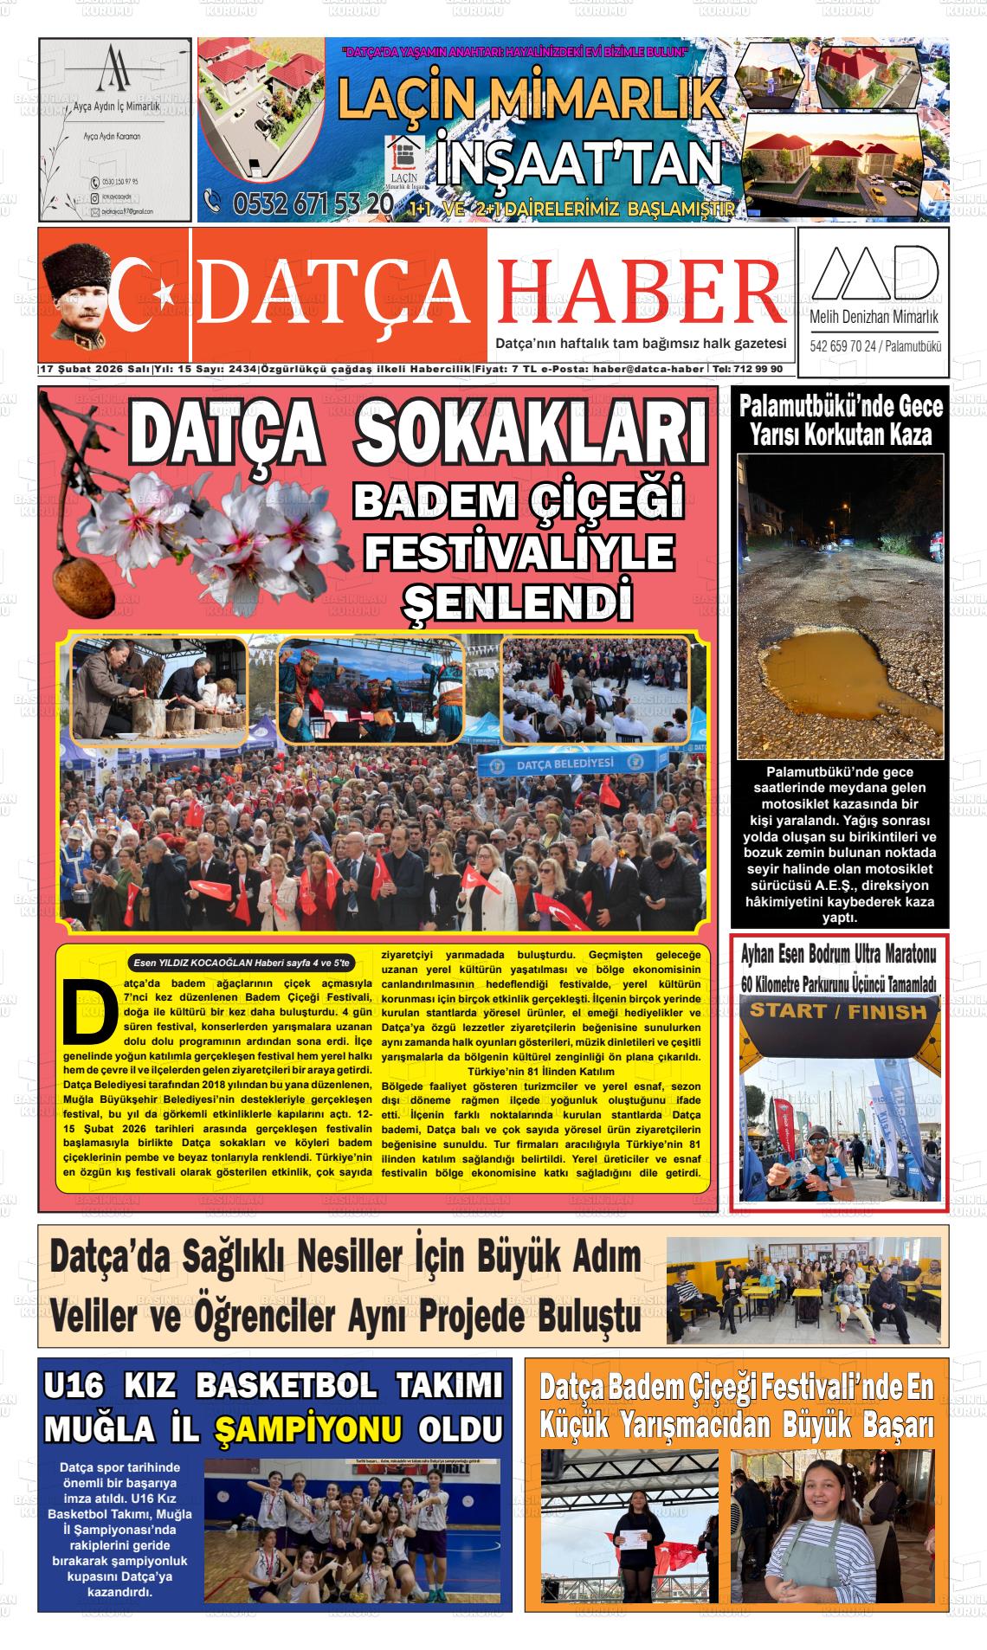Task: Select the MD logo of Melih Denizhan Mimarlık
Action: (x=873, y=273)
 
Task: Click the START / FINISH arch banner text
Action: (x=837, y=1011)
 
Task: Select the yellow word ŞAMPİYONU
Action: (x=308, y=1428)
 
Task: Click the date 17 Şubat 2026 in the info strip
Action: (x=83, y=369)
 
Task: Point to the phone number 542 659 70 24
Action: (x=844, y=347)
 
